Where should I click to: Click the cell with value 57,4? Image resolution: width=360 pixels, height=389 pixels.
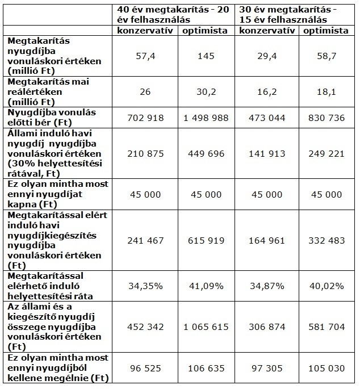point(145,56)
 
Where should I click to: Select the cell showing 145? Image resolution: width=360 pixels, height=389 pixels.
point(206,56)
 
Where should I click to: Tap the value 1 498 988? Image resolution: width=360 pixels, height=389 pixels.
point(206,118)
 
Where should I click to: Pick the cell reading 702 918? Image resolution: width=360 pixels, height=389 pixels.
point(145,118)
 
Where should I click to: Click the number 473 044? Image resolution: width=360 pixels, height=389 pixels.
point(267,118)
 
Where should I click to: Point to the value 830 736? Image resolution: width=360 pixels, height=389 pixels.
point(326,118)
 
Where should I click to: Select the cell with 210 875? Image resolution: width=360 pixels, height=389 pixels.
point(145,153)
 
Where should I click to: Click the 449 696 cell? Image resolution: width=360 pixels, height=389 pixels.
point(206,153)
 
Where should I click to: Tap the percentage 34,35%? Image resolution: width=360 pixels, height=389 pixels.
point(145,286)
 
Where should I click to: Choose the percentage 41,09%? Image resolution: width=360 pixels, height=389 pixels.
point(206,286)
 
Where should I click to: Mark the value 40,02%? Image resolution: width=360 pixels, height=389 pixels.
point(326,286)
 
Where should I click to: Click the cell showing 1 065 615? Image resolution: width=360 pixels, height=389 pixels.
point(206,327)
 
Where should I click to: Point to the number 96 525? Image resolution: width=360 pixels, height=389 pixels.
point(145,368)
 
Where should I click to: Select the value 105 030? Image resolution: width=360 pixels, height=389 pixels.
point(326,368)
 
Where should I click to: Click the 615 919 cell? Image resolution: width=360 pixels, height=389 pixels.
point(206,240)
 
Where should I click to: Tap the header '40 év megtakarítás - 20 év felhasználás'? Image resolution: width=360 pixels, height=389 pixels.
point(173,14)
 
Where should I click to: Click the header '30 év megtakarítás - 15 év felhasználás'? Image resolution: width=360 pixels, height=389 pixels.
point(288,14)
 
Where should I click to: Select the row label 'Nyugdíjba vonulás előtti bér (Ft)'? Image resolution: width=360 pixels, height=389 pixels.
point(52,118)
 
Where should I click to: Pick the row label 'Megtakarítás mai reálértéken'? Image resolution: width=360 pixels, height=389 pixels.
point(48,86)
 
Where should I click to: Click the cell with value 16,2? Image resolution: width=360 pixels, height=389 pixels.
point(267,92)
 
